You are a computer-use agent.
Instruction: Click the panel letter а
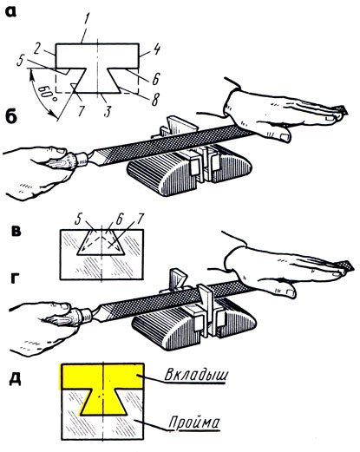point(11,12)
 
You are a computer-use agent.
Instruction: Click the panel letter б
point(12,117)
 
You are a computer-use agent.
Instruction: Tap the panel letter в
point(15,232)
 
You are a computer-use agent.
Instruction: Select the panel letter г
point(16,278)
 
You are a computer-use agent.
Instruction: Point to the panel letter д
point(15,379)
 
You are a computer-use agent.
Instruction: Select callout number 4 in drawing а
point(156,49)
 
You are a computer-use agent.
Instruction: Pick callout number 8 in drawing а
point(155,100)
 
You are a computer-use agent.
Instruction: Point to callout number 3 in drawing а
point(108,110)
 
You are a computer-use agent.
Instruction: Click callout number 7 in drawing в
point(139,219)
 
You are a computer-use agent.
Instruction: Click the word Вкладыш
point(196,375)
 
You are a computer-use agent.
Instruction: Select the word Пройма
point(194,423)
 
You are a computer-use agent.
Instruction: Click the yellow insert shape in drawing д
point(101,376)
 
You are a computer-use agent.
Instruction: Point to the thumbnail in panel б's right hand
point(285,137)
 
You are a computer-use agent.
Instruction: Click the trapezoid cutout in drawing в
point(101,242)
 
